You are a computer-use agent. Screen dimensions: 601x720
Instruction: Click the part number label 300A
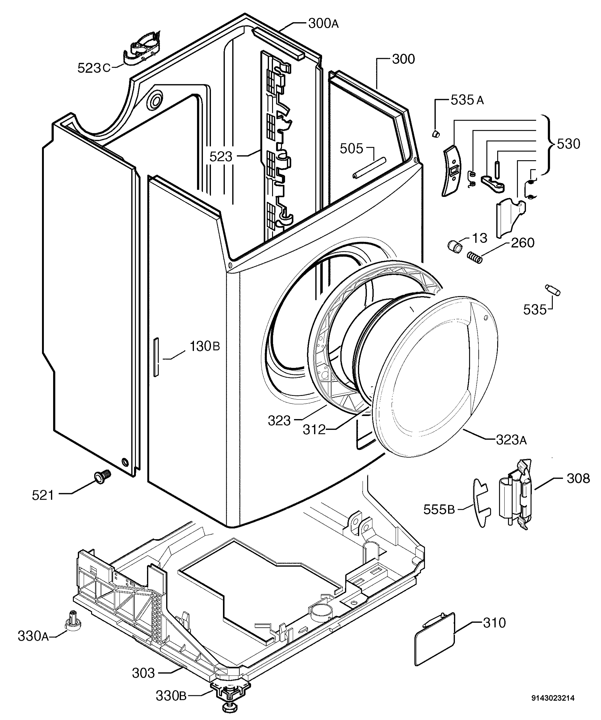tap(323, 23)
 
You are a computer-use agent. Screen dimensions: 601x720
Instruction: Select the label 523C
tap(94, 68)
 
